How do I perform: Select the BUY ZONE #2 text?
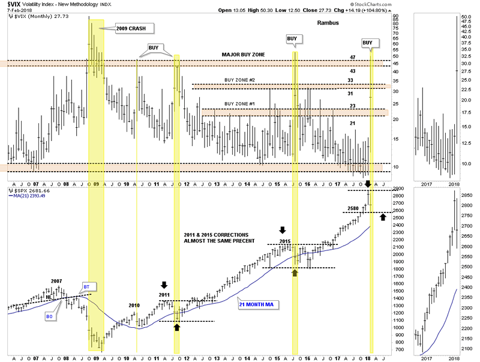(x=240, y=80)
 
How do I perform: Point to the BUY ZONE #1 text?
(x=240, y=104)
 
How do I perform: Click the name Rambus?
(x=328, y=23)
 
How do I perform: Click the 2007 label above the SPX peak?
(x=56, y=280)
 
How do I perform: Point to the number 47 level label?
(x=353, y=58)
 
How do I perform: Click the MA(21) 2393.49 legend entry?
(x=29, y=196)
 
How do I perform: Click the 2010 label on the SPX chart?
(x=134, y=306)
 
